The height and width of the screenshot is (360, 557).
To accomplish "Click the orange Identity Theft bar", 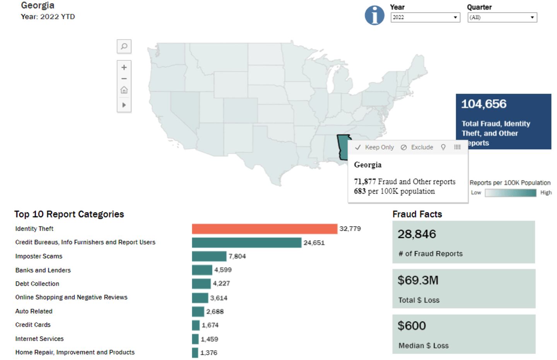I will [265, 229].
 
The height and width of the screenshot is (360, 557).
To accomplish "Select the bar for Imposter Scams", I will [209, 256].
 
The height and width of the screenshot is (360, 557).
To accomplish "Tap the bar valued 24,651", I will [246, 243].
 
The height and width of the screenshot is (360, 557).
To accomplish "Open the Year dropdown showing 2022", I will [425, 17].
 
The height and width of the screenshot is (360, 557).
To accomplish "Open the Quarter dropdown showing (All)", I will [502, 17].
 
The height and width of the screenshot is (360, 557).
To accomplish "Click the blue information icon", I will [374, 15].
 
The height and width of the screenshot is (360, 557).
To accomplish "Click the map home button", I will [124, 90].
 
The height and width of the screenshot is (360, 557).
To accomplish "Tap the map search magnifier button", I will [124, 46].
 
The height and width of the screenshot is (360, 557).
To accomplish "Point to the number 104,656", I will [484, 104].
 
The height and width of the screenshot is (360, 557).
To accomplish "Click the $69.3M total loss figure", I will [418, 280].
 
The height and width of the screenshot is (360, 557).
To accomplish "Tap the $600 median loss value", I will [412, 326].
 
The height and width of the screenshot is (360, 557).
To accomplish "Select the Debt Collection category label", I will [37, 284].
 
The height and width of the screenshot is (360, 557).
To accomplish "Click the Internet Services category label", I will [39, 339].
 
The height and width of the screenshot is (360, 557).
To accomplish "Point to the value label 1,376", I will [209, 353].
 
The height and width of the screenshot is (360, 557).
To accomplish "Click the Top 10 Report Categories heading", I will [69, 214].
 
